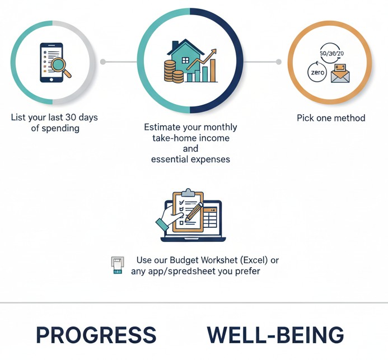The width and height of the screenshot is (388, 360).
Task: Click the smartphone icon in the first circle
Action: [x=49, y=62]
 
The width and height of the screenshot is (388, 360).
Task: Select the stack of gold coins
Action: [x=171, y=71]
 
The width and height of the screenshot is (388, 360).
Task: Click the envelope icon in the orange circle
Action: [x=340, y=74]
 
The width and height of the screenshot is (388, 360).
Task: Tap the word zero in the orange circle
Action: [x=317, y=73]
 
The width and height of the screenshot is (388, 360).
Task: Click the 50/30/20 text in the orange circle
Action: [x=331, y=53]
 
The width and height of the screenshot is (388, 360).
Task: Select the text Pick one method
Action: [x=330, y=118]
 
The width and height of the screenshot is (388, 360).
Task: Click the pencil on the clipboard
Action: [x=194, y=212]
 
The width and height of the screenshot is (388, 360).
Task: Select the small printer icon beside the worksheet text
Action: [x=117, y=265]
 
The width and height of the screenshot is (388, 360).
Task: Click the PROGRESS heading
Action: [x=96, y=335]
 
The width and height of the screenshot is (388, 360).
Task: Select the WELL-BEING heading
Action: [x=275, y=335]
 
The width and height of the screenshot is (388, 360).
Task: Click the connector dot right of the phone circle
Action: [x=103, y=62]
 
